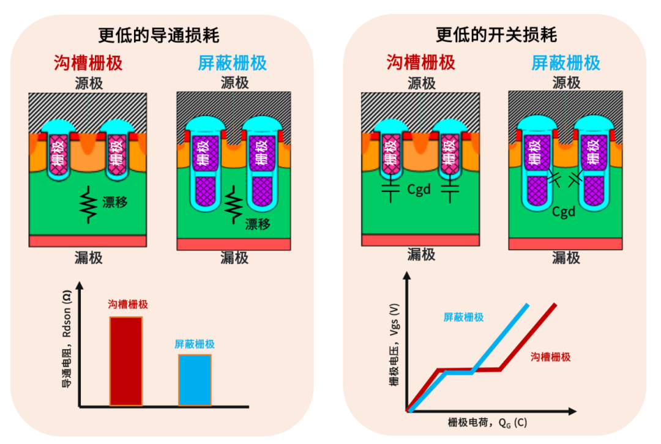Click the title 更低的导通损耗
159,34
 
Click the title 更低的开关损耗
496,34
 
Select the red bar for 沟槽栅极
126,360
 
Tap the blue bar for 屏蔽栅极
195,379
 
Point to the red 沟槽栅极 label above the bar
127,304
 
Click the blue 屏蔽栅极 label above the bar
195,344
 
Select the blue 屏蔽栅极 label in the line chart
463,317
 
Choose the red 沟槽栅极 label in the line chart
550,356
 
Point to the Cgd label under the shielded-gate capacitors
564,212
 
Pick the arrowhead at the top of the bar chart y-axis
80,285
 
